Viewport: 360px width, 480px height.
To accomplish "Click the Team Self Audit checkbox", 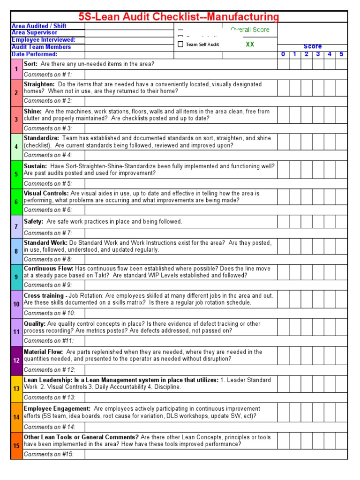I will tap(181, 45).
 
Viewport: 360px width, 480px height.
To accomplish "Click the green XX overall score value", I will tap(250, 44).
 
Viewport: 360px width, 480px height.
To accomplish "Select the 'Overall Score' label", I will tap(250, 30).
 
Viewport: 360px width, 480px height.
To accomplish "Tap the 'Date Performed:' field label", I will tap(34, 54).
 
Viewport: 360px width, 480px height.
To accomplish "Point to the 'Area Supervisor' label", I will tap(34, 33).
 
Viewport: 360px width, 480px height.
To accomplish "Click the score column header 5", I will tap(342, 54).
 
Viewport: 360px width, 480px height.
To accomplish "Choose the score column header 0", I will tap(283, 54).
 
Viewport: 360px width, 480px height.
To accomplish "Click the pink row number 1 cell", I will tap(16, 69).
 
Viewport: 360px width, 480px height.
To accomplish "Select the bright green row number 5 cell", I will tap(16, 174).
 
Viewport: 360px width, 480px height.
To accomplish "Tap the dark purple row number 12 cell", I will tap(16, 360).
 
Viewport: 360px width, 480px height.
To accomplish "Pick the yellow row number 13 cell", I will tap(16, 389).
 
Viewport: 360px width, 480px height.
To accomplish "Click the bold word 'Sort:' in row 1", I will tap(31, 64).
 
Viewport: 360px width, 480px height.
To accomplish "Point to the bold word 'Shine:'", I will tap(32, 112).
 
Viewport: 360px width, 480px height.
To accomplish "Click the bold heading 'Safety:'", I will tap(33, 221).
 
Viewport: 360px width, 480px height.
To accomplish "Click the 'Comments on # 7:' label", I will tap(48, 233).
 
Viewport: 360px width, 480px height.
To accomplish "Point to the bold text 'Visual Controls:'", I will tap(46, 193).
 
